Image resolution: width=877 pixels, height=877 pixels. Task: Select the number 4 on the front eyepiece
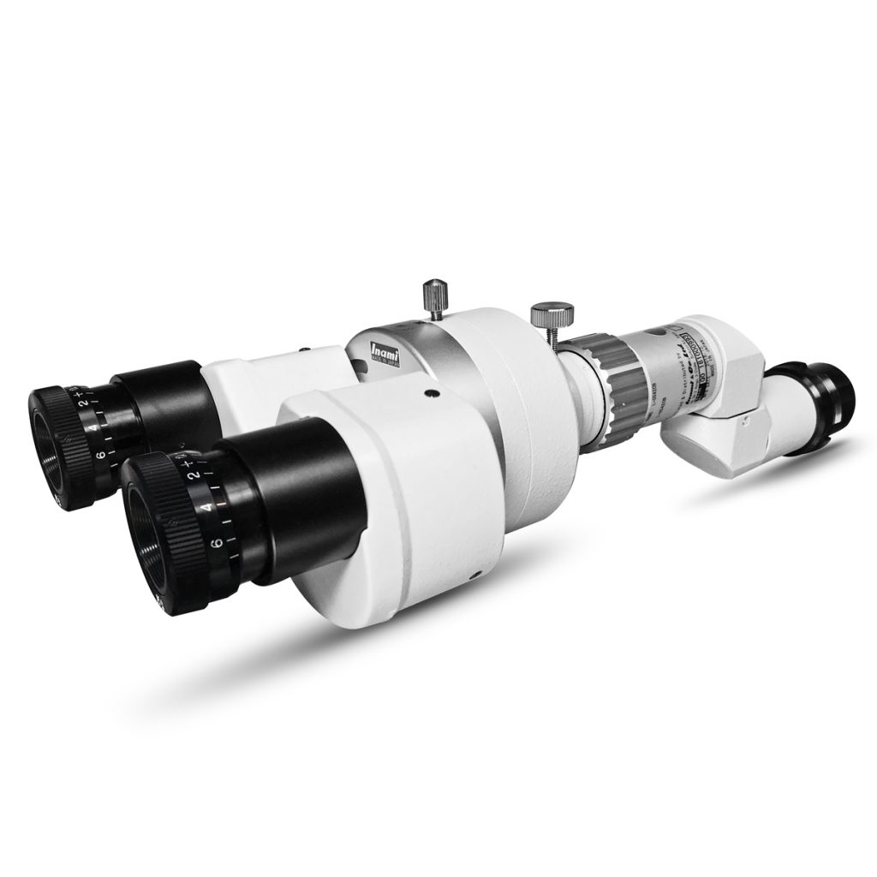pos(206,507)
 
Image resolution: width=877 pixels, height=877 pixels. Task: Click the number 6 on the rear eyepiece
pos(100,455)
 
